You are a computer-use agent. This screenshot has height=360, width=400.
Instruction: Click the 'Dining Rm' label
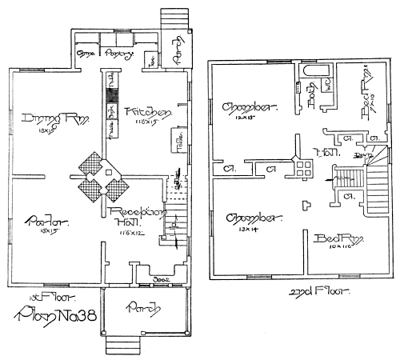(43, 119)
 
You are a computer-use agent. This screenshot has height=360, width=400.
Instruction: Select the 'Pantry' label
(121, 54)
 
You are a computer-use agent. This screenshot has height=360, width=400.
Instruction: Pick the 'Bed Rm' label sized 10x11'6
(335, 238)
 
